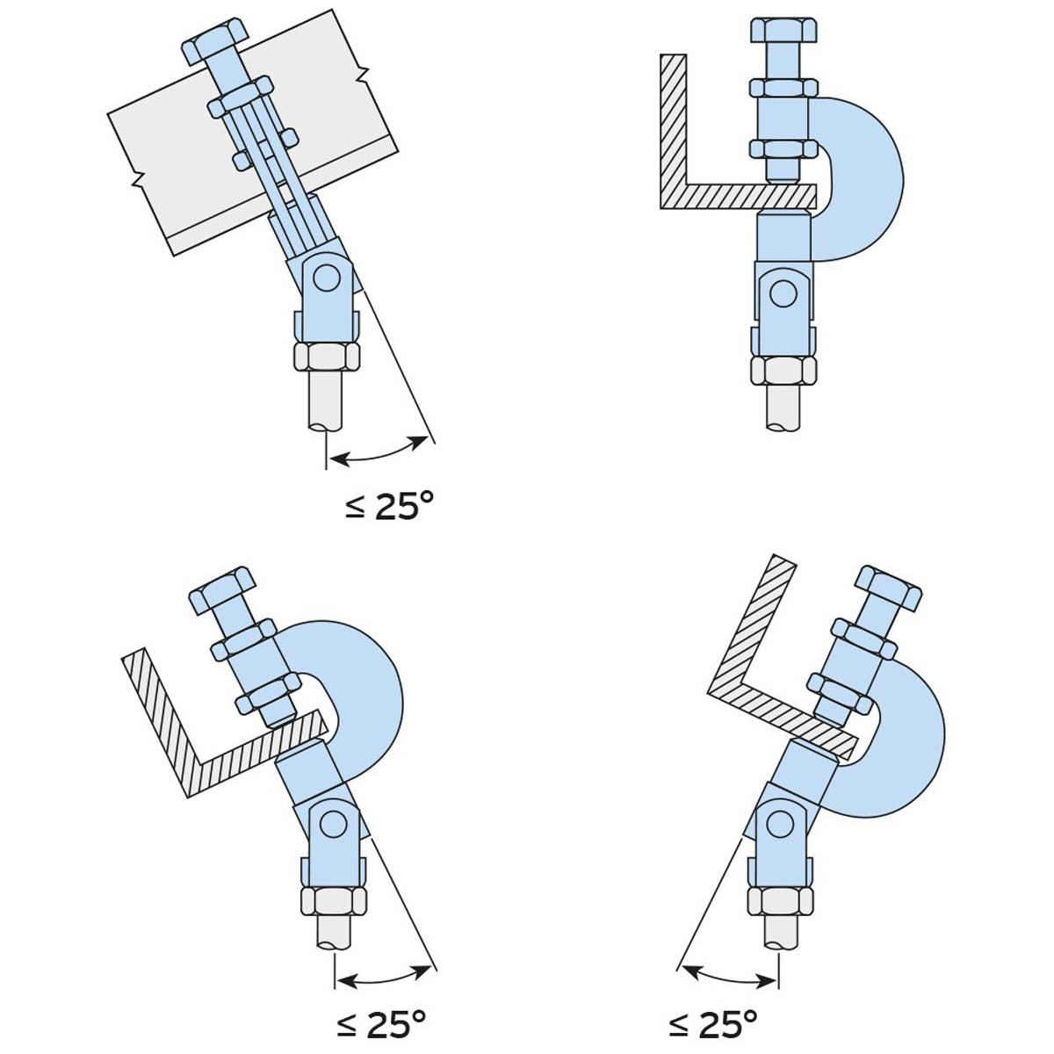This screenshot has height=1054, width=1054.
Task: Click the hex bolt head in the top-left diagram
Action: coord(217,43)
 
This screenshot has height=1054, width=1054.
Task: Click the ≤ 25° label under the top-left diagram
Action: coord(390,507)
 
